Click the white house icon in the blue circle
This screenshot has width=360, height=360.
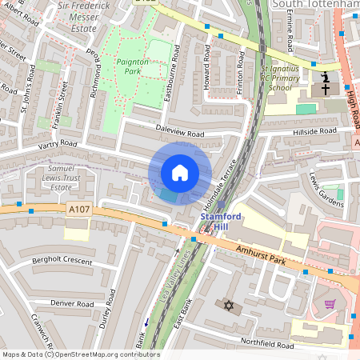[x=180, y=173]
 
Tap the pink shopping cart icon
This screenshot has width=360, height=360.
[x=330, y=304]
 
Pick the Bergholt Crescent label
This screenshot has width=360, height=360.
[x=63, y=261]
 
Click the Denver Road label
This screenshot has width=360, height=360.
[x=72, y=304]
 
